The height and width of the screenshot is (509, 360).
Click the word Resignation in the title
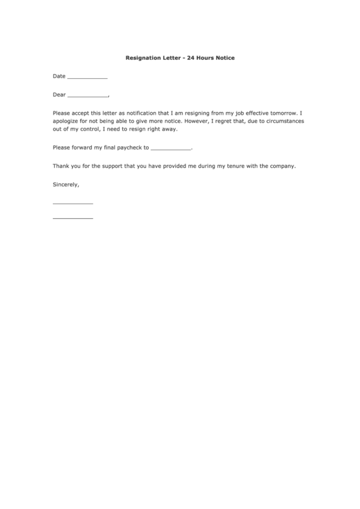pos(145,58)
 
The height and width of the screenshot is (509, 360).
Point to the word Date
pos(59,76)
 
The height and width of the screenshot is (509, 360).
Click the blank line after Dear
pos(88,96)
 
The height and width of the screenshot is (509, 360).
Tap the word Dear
pos(59,94)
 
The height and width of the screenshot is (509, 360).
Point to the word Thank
pos(60,165)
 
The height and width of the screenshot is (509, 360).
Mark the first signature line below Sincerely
pos(73,204)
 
